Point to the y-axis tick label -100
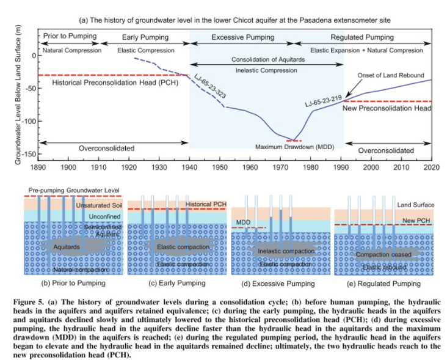point(27,121)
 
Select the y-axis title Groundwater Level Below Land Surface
point(18,98)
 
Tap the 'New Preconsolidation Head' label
point(387,108)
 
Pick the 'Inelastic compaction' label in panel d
point(277,251)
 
